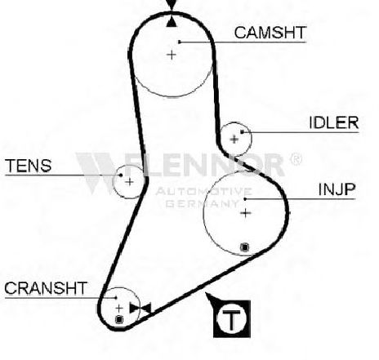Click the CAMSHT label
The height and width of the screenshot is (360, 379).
coord(270,33)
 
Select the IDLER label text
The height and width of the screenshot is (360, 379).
coord(334,122)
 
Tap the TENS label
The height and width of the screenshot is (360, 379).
coord(29,166)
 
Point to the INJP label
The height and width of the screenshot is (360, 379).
coord(337,189)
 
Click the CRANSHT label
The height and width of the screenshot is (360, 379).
coord(46,288)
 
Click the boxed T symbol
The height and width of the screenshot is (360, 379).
coord(232,318)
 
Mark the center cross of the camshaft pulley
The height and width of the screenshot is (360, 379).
coord(172,55)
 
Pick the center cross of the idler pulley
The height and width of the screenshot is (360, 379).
coord(234,140)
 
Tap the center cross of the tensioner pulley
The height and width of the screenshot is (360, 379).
coord(130,182)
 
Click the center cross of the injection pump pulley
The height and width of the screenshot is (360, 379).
coord(246,213)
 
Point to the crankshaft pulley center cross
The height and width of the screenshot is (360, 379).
coord(119,309)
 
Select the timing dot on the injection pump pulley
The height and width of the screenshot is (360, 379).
coord(245,247)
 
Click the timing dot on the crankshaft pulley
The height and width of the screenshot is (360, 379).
coord(119,319)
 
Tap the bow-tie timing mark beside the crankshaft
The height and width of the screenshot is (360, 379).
coord(140,308)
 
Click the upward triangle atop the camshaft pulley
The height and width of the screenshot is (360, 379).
coord(172,22)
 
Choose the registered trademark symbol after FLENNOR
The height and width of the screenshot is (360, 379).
coord(296,159)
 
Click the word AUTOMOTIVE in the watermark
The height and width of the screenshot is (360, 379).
coord(203,192)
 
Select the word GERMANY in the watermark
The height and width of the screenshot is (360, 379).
coord(203,203)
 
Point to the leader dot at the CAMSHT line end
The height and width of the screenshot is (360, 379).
coord(180,42)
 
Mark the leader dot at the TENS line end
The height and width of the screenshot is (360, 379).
coord(121,175)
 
